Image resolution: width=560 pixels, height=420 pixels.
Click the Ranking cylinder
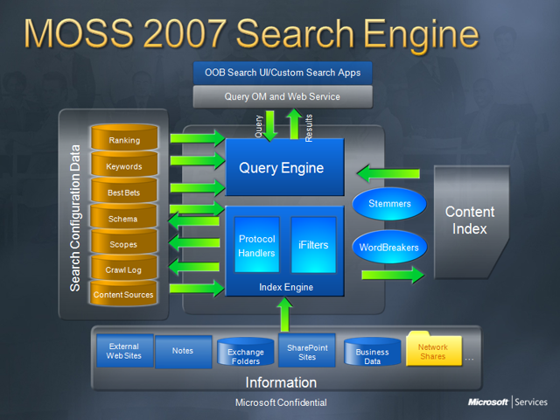click(124, 140)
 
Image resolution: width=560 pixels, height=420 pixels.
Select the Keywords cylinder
click(124, 166)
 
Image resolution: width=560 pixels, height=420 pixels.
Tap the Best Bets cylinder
click(124, 192)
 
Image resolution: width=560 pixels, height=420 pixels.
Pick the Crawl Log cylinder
click(124, 269)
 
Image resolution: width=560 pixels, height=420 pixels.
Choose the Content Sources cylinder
click(124, 295)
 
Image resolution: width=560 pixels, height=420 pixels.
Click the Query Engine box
click(281, 168)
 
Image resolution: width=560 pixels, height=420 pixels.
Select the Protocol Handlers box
click(256, 246)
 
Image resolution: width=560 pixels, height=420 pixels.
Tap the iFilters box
click(313, 245)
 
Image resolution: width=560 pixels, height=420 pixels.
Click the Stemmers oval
click(389, 204)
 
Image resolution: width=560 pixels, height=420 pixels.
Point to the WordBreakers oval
click(389, 247)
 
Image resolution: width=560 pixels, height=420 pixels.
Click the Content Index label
click(470, 220)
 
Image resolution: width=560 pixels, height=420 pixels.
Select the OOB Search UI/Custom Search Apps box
click(283, 73)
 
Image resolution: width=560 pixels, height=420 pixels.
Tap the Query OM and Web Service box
click(283, 96)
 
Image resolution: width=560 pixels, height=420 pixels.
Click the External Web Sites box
click(124, 352)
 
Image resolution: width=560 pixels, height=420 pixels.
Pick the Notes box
click(183, 351)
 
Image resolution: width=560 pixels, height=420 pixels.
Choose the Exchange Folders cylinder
click(246, 353)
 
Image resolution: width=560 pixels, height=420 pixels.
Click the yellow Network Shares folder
click(432, 351)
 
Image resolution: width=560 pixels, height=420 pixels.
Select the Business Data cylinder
click(372, 352)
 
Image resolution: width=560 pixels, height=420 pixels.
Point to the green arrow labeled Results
click(295, 123)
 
